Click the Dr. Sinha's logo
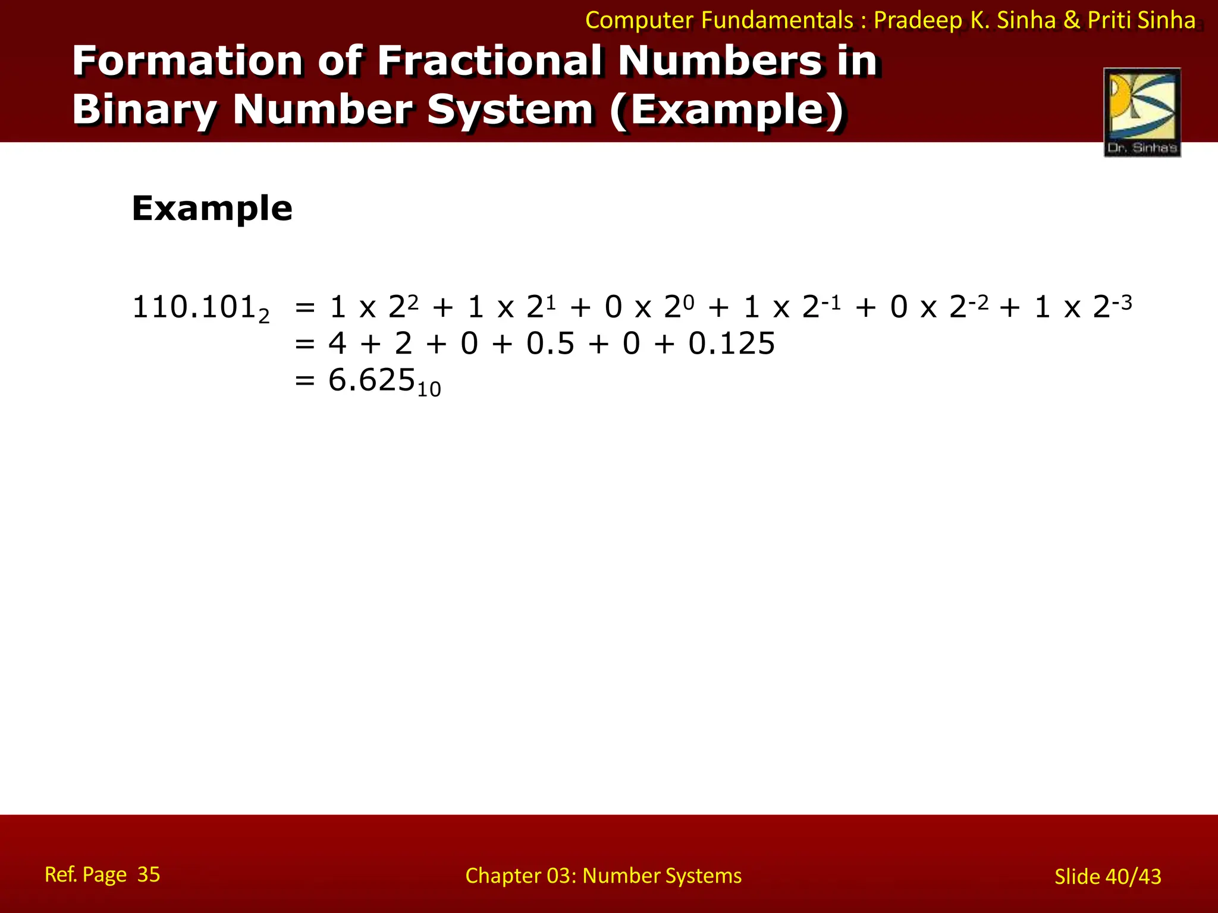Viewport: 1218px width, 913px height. point(1142,112)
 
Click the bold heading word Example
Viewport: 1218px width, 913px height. point(212,209)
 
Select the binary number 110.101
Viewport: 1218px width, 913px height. point(194,307)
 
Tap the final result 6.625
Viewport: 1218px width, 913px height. point(371,380)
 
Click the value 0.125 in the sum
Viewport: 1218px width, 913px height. point(732,344)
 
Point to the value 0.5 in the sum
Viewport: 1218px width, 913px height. point(550,344)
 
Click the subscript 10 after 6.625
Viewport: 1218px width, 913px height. point(429,390)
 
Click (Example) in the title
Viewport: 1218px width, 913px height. point(727,110)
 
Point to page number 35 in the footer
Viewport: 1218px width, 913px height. point(149,874)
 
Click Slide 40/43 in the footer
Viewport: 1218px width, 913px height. point(1107,876)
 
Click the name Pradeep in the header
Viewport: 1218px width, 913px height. point(918,20)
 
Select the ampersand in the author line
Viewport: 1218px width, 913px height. point(1072,20)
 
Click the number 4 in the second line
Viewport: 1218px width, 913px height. point(337,344)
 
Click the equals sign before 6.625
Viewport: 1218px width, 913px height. point(304,380)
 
